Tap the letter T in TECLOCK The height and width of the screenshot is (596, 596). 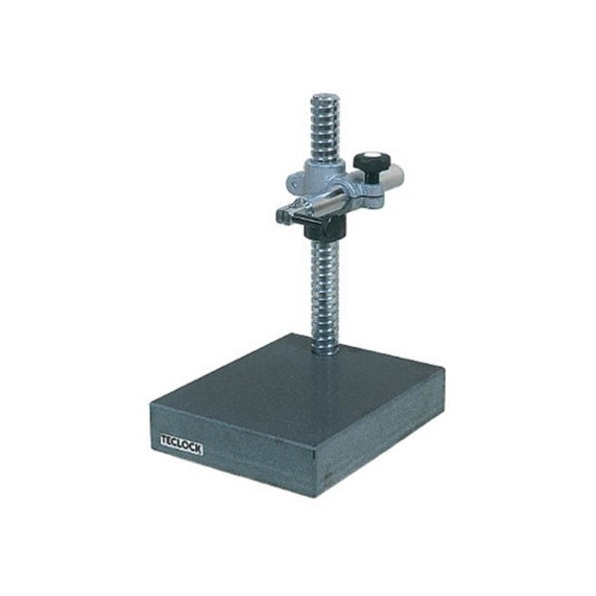coord(164,441)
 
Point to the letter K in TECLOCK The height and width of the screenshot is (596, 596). coord(197,448)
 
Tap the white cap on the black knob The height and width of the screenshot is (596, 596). coord(370,155)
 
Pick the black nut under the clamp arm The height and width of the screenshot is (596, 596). coord(325,228)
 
